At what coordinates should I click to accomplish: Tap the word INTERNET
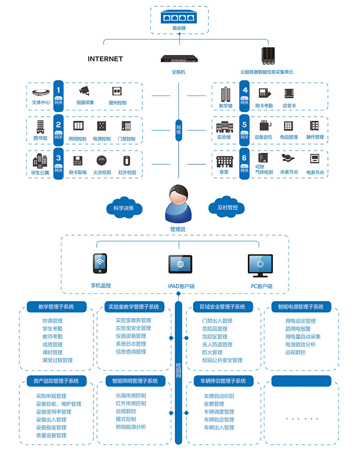(105, 59)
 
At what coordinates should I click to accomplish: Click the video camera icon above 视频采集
(84, 91)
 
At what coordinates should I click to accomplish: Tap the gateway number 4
(245, 90)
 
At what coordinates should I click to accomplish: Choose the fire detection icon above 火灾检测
(102, 161)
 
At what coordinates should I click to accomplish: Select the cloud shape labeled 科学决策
(124, 208)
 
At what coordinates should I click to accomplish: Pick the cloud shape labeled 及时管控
(228, 207)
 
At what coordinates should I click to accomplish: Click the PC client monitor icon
(260, 267)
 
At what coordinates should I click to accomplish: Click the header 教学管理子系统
(56, 307)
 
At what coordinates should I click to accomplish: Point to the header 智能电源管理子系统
(300, 307)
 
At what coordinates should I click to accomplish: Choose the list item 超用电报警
(298, 329)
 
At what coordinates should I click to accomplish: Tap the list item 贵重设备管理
(51, 435)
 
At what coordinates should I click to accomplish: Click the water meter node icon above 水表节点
(289, 159)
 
